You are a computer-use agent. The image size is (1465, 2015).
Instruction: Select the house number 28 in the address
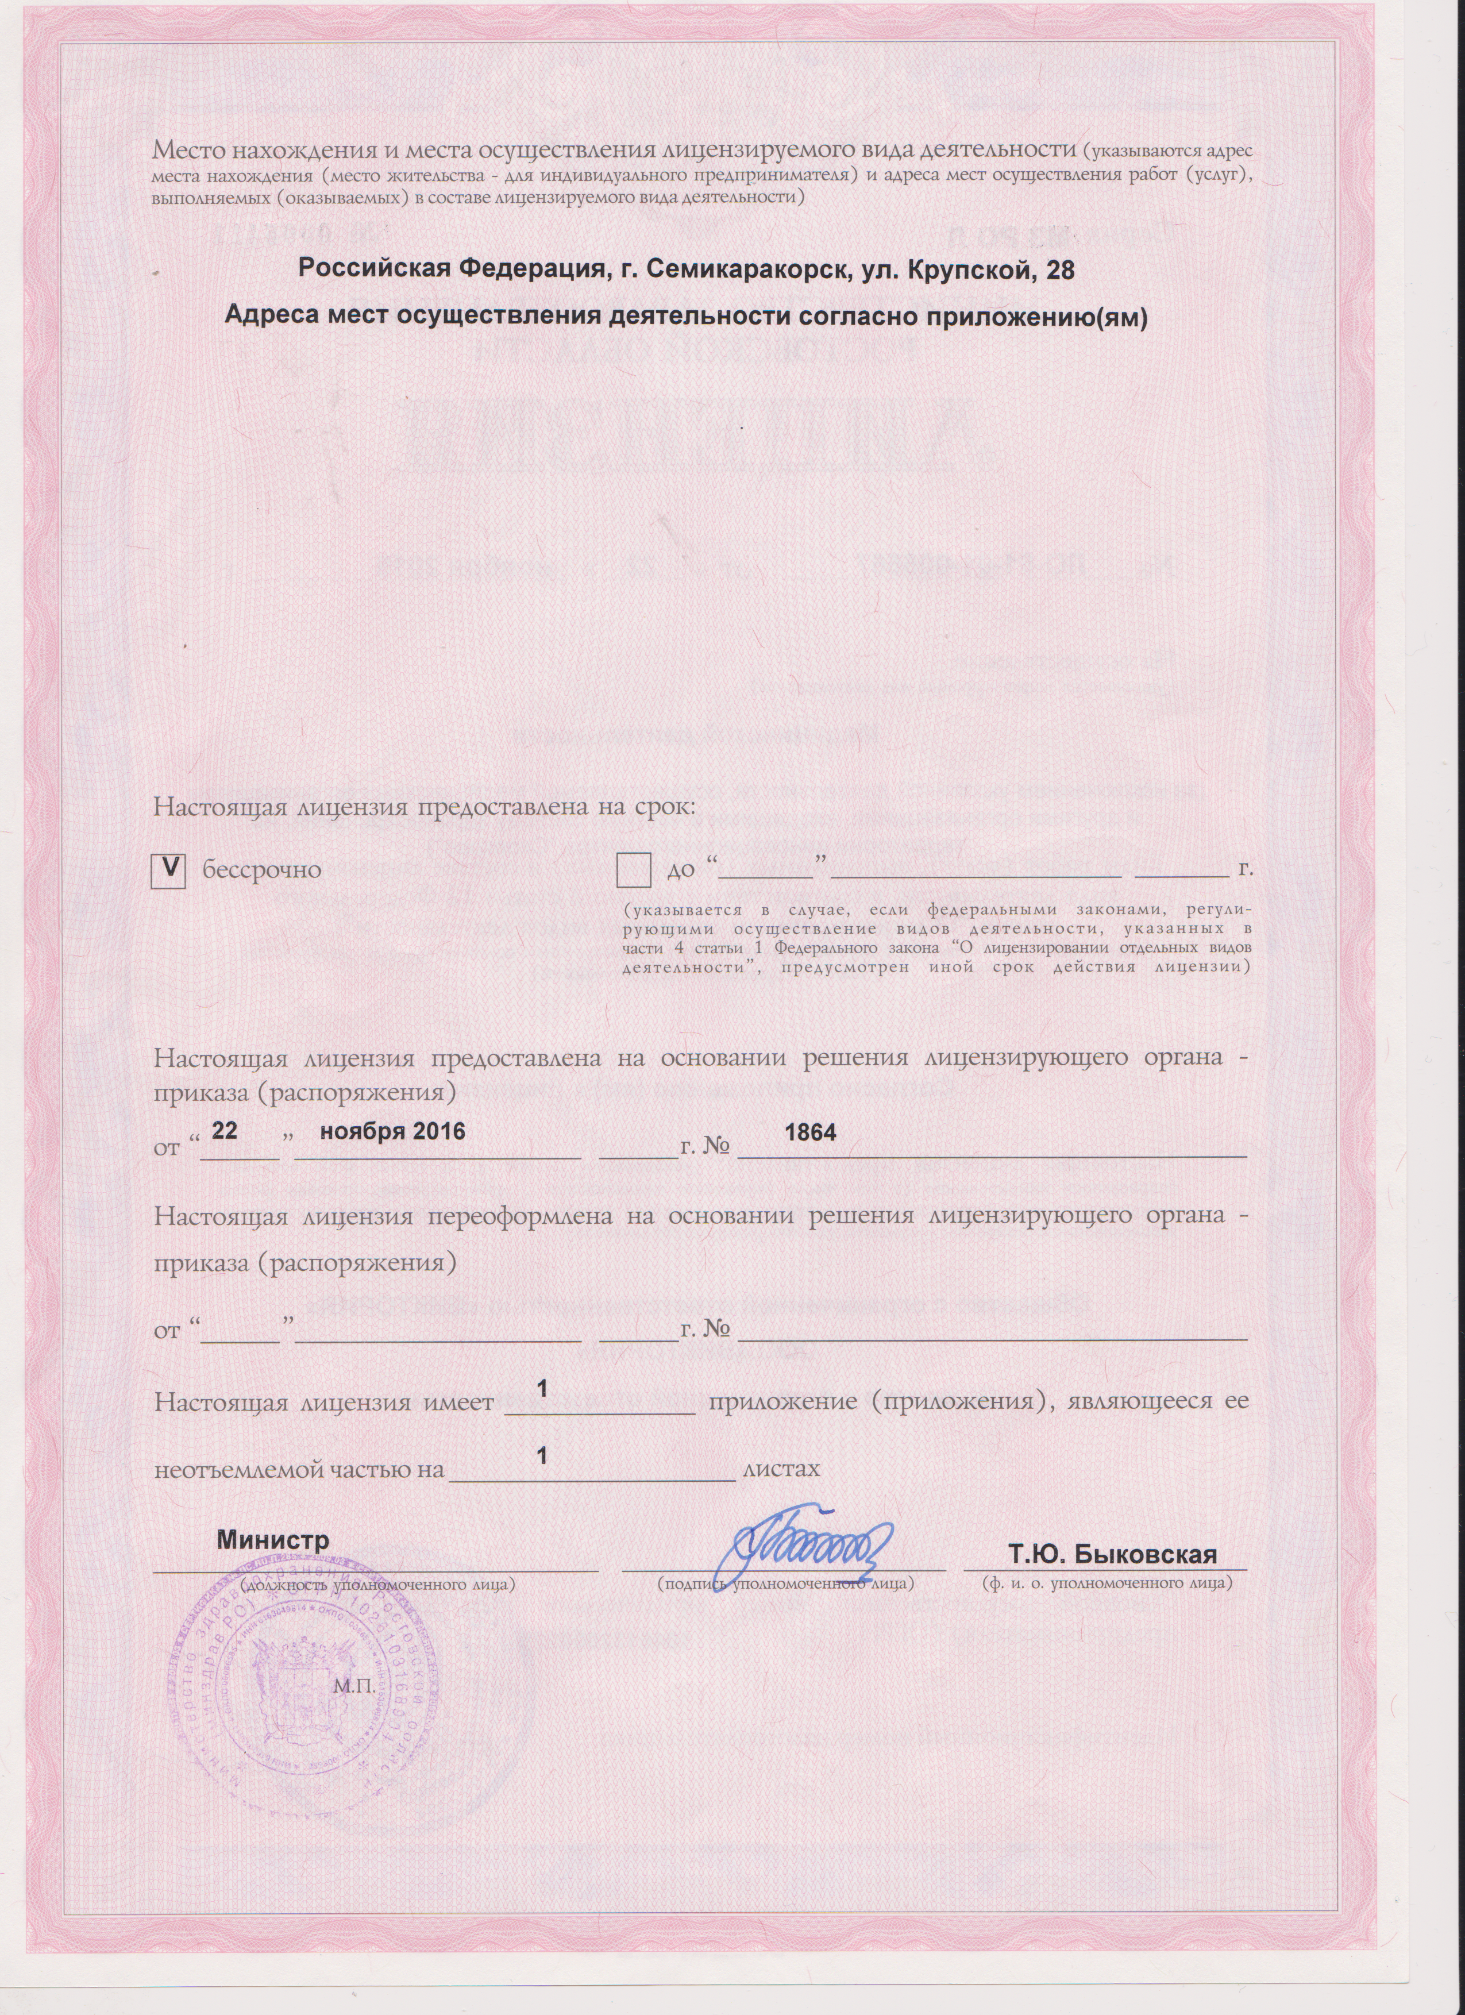(x=1060, y=269)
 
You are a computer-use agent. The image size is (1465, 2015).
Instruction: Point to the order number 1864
(x=809, y=1132)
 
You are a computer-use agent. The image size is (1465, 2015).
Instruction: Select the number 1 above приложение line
(x=543, y=1388)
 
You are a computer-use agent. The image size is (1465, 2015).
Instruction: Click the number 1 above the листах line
(x=543, y=1456)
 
